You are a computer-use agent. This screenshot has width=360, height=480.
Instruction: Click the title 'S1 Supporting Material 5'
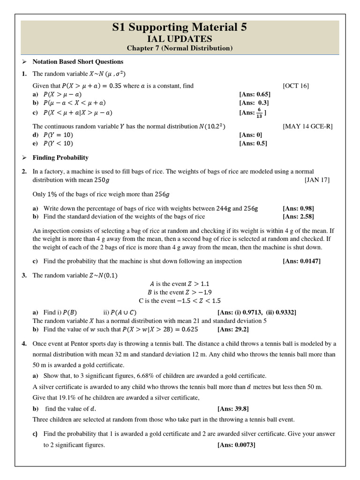[180, 28]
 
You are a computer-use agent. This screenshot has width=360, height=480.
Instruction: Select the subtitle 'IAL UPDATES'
[180, 39]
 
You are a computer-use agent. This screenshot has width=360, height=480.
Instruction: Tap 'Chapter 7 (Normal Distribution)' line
[180, 48]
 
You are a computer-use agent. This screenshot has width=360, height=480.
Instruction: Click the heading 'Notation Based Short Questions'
[77, 61]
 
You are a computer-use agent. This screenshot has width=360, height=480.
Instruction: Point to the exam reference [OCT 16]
[296, 86]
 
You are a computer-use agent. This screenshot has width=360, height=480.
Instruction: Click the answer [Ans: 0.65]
[255, 94]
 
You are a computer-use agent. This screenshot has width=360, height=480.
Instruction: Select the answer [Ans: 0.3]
[254, 103]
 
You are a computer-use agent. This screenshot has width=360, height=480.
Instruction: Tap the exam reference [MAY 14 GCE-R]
[307, 127]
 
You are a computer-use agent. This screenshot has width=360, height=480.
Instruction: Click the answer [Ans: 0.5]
[253, 143]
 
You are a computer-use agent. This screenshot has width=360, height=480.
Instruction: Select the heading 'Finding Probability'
[60, 157]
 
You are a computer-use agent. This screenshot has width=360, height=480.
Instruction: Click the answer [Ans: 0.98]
[298, 208]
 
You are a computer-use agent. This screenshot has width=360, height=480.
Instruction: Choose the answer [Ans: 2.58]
[298, 216]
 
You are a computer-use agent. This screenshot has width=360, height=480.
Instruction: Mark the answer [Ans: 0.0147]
[301, 261]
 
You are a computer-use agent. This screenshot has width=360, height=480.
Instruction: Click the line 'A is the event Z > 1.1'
[180, 284]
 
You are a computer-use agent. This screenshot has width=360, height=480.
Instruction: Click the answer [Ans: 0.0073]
[236, 445]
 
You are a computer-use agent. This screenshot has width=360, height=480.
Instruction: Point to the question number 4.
[23, 344]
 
